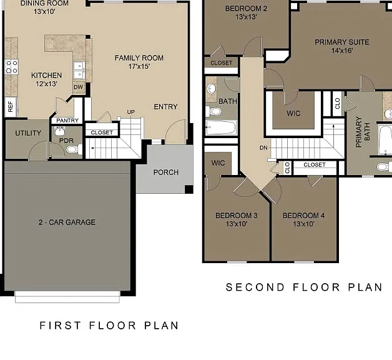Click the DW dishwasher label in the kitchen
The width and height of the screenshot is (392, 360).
click(x=78, y=87)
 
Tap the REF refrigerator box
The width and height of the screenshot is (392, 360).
click(x=11, y=107)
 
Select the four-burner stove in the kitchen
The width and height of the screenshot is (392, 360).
click(x=11, y=67)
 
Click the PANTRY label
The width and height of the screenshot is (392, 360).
click(x=67, y=121)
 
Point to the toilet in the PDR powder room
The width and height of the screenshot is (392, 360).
click(x=74, y=149)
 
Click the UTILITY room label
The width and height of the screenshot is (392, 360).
click(x=28, y=133)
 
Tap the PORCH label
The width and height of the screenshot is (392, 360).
click(x=166, y=172)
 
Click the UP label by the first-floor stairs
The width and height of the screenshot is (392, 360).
click(x=131, y=112)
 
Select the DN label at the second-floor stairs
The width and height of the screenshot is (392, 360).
click(x=264, y=147)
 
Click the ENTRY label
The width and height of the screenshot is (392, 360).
click(x=165, y=107)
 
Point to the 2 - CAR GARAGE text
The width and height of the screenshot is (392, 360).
click(x=67, y=222)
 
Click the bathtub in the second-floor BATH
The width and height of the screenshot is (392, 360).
click(x=221, y=127)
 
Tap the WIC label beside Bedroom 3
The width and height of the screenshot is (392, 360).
click(x=218, y=163)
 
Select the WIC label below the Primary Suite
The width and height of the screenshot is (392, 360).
click(x=293, y=113)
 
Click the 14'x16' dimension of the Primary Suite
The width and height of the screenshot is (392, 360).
click(x=342, y=51)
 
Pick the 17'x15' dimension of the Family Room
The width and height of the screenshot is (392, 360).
click(x=139, y=66)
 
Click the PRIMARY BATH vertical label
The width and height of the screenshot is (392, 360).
click(x=363, y=132)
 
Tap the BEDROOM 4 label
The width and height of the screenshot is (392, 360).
click(x=304, y=215)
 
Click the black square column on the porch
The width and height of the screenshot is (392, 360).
click(x=189, y=189)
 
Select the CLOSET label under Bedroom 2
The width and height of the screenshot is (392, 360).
click(x=222, y=63)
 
